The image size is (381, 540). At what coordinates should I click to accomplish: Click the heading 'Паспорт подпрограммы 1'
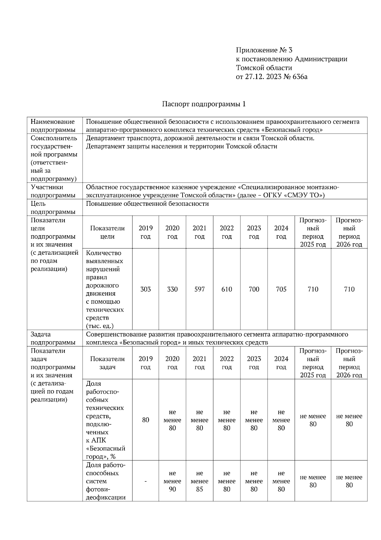(204, 104)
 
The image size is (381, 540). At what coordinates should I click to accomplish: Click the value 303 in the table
(145, 289)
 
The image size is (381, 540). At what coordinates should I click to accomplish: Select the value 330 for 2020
(172, 289)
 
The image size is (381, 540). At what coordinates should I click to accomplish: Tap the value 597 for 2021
(199, 289)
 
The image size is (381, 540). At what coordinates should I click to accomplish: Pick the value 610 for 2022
(227, 289)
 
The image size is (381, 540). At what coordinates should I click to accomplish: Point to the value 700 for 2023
(254, 289)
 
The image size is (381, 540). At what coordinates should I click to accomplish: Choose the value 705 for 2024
(281, 289)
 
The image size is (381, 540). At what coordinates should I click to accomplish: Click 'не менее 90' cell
(172, 481)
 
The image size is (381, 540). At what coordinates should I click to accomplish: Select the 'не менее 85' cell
(199, 481)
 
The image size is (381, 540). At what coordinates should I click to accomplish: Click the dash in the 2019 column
(145, 481)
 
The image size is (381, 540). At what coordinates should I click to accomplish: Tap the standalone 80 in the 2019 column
(145, 420)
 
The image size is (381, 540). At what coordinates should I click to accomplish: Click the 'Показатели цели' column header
(107, 232)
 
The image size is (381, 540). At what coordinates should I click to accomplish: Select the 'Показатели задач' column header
(107, 363)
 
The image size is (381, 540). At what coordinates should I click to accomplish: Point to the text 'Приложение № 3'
(264, 50)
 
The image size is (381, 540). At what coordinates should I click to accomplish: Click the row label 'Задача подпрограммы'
(53, 338)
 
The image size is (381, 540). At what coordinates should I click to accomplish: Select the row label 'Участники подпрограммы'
(53, 191)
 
